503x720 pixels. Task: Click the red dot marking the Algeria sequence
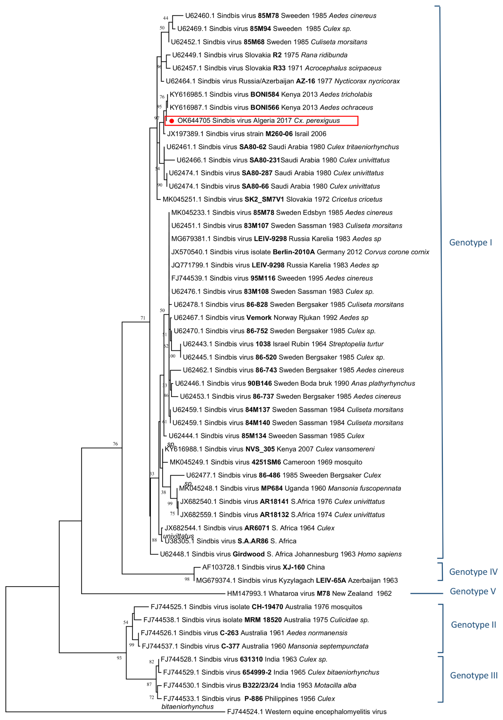pyautogui.click(x=172, y=121)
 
